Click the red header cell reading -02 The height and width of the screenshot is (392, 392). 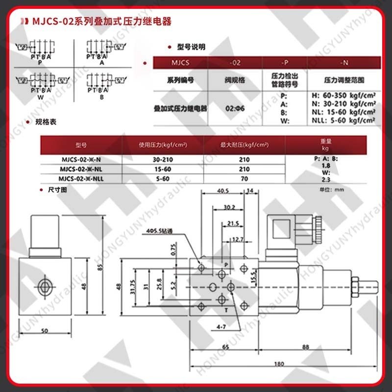coord(235,63)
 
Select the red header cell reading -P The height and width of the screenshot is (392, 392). coord(285,63)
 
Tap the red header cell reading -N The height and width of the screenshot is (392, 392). coord(344,63)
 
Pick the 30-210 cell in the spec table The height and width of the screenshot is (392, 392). coord(163,159)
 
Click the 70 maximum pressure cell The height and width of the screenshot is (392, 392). coord(245,179)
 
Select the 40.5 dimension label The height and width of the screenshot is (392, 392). coord(223,191)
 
